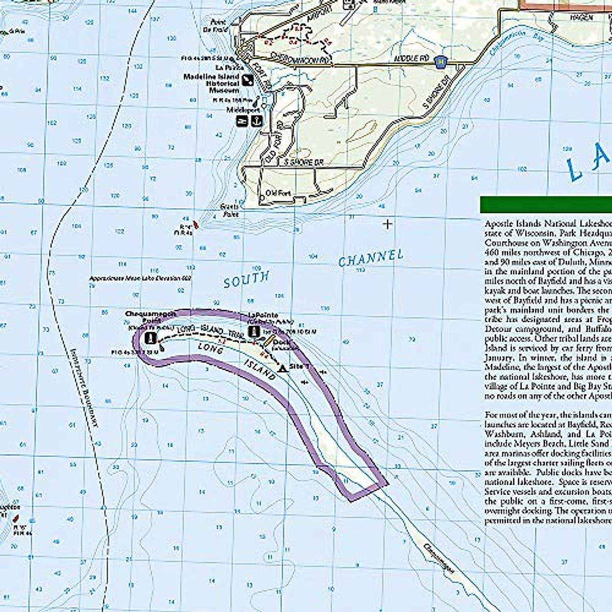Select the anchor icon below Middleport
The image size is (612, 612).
[x=258, y=120]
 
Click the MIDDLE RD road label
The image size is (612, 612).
[x=411, y=59]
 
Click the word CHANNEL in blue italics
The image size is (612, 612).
[x=371, y=258]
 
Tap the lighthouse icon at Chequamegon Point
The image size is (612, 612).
[x=151, y=337]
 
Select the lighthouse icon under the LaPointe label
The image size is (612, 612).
[x=253, y=331]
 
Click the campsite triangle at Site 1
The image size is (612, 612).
[x=282, y=368]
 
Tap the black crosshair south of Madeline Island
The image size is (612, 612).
[x=388, y=223]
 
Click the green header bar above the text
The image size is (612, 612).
[x=546, y=205]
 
